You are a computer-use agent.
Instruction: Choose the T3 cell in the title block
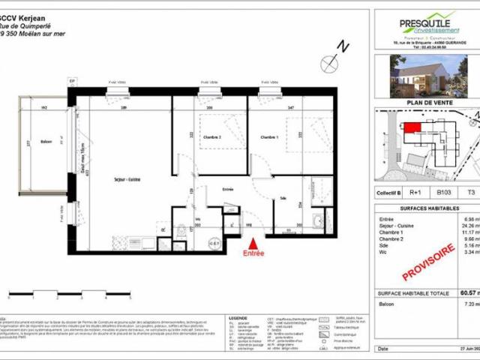click(x=471, y=193)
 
